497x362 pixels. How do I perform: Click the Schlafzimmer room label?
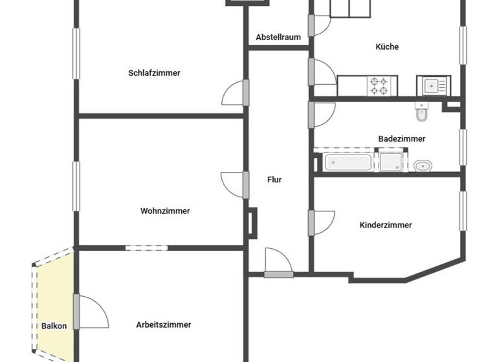point(154,73)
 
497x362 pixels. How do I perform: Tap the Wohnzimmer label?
point(165,211)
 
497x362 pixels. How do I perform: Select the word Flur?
point(274,180)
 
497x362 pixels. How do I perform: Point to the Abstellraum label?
point(278,37)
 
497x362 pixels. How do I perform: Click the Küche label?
point(387,47)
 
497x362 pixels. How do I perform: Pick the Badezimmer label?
point(402,138)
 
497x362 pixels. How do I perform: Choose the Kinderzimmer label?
point(386,225)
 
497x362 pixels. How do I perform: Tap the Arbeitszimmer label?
point(164,325)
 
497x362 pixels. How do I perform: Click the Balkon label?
point(54,326)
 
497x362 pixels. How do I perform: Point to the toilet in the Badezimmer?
point(421,113)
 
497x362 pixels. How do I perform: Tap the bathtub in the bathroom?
point(348,162)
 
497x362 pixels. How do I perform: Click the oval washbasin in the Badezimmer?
point(422,165)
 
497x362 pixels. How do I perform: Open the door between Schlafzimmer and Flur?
point(245,92)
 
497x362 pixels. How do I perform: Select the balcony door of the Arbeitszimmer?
point(76,312)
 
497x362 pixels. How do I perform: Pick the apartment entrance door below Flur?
point(278,274)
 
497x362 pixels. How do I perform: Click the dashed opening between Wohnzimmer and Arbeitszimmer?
point(146,247)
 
